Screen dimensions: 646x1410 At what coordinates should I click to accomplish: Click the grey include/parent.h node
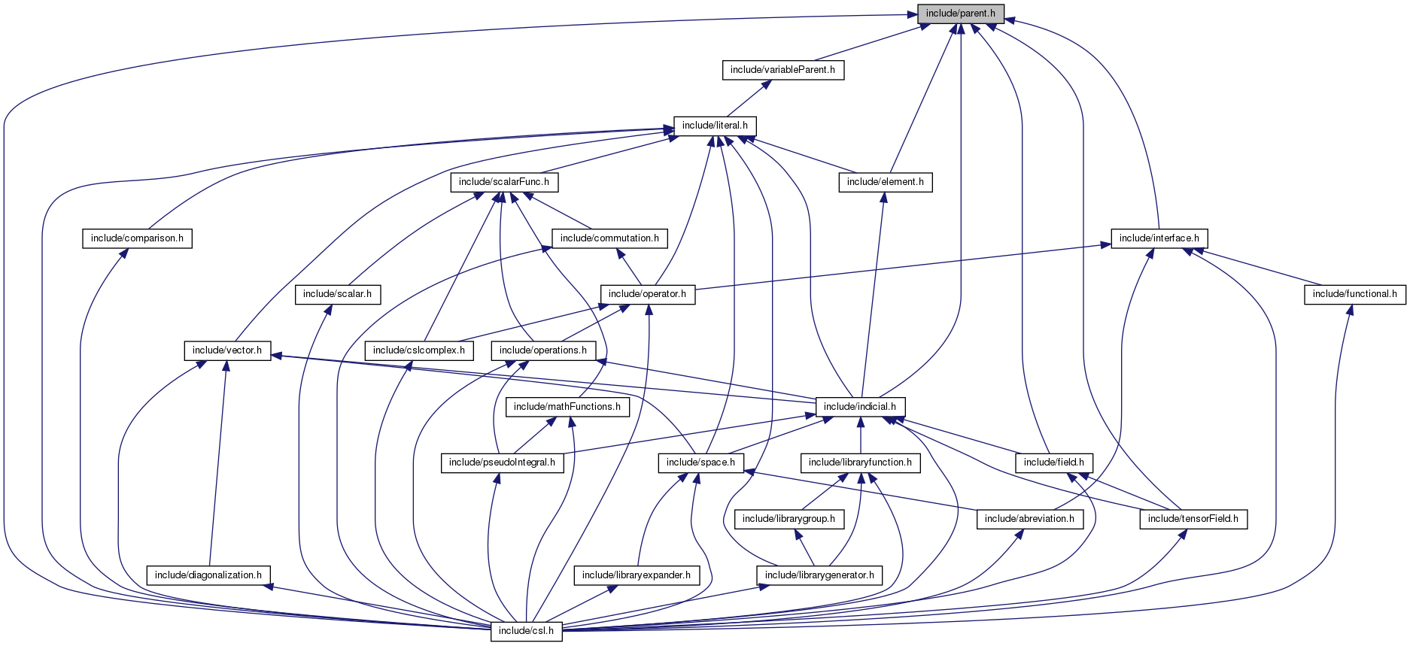960,14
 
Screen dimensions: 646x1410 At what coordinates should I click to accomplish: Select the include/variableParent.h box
782,70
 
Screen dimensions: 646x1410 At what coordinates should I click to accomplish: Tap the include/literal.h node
715,126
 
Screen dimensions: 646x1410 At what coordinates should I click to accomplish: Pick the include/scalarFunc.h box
503,182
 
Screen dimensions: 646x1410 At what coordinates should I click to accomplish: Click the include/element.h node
885,182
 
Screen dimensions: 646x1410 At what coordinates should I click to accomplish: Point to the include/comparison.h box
137,238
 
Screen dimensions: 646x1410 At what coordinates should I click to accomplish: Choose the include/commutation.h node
609,238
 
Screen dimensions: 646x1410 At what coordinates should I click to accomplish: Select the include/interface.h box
1159,238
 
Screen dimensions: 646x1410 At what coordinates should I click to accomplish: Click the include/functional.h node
1354,294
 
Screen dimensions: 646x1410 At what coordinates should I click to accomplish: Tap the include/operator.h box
647,294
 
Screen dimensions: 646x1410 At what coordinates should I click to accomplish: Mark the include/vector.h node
227,350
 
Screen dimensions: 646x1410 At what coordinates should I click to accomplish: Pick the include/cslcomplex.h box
418,350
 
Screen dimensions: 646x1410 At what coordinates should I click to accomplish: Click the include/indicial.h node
860,407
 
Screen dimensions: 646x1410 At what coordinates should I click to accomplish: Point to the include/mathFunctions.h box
567,407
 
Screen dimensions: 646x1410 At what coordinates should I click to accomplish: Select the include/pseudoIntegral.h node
502,463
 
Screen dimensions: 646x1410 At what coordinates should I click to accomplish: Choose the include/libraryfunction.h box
860,463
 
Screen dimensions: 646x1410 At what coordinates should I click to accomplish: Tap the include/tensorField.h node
1193,519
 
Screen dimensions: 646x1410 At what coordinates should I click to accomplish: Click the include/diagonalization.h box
208,575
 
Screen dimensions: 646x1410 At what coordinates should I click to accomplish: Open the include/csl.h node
527,631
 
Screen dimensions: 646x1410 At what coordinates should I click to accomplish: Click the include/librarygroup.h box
789,519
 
